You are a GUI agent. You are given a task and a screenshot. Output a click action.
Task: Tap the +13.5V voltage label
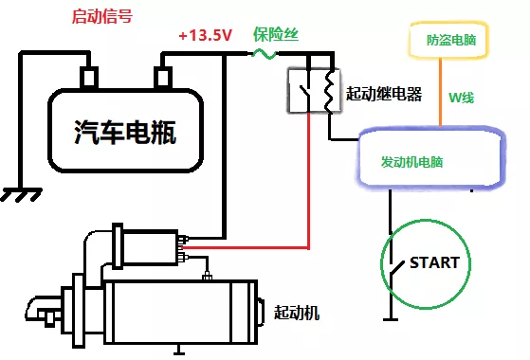pos(205,36)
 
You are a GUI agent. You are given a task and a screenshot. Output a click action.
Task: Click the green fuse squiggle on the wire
pos(266,55)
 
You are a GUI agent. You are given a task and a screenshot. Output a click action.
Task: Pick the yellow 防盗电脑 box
pos(451,42)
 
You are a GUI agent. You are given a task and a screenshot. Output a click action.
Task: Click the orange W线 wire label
pos(462,97)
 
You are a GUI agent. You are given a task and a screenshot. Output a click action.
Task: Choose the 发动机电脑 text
pos(411,162)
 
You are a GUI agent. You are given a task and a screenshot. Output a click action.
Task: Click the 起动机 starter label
pos(297,312)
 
